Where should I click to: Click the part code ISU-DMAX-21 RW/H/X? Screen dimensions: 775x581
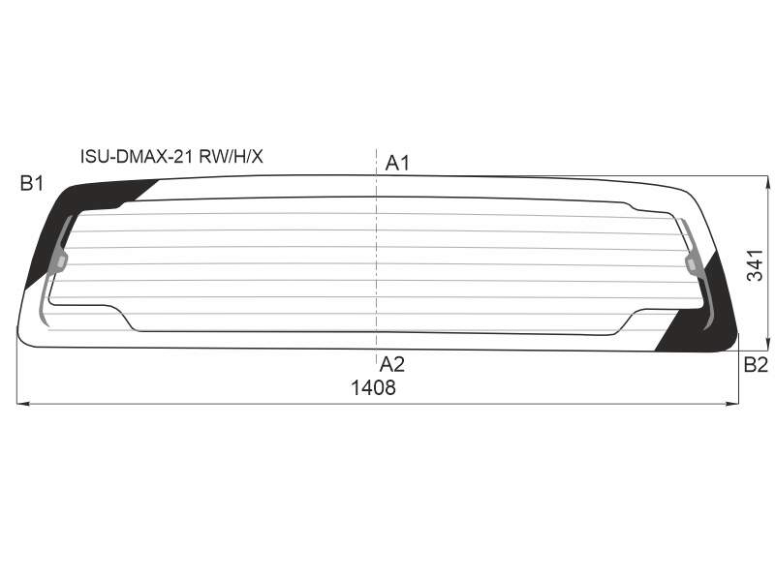pos(171,157)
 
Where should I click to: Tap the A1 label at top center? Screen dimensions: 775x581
pos(397,163)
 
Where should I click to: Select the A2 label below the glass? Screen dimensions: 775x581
pos(392,365)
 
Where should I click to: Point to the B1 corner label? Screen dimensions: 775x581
pos(32,184)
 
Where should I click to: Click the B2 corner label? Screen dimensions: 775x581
pos(756,365)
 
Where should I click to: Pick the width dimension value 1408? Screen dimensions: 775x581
pos(373,388)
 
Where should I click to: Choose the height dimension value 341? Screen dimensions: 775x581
pos(756,265)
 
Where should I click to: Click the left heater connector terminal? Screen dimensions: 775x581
pos(60,262)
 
